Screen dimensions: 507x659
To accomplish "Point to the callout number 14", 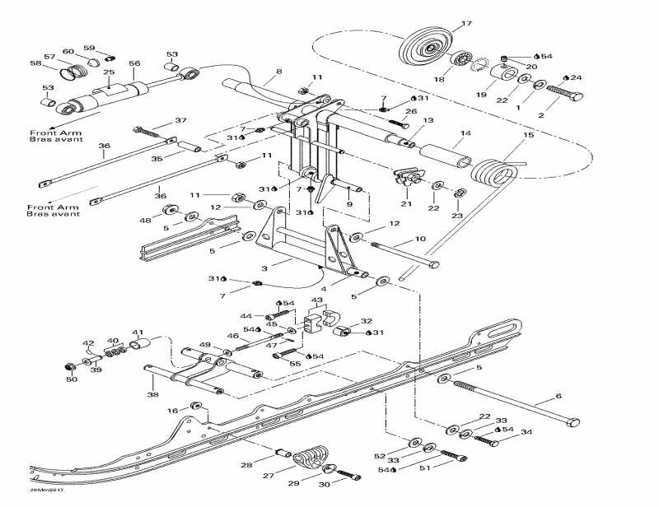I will [x=465, y=133].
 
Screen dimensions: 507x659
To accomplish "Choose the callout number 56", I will [x=135, y=63].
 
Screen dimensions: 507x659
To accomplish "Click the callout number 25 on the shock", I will [x=109, y=72].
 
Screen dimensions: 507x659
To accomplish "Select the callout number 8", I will [x=278, y=72].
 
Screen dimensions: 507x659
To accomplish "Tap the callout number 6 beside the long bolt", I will [x=559, y=397].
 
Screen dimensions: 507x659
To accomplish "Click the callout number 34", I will [x=526, y=432].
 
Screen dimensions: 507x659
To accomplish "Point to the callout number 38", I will [x=152, y=394].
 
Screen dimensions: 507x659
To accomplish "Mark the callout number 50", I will [x=71, y=379].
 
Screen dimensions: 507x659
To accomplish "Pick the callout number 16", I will [x=172, y=410].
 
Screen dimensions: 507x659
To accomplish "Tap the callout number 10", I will [x=420, y=239].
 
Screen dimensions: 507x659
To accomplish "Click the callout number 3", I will [x=265, y=268].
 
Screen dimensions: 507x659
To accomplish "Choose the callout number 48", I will [x=146, y=220].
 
